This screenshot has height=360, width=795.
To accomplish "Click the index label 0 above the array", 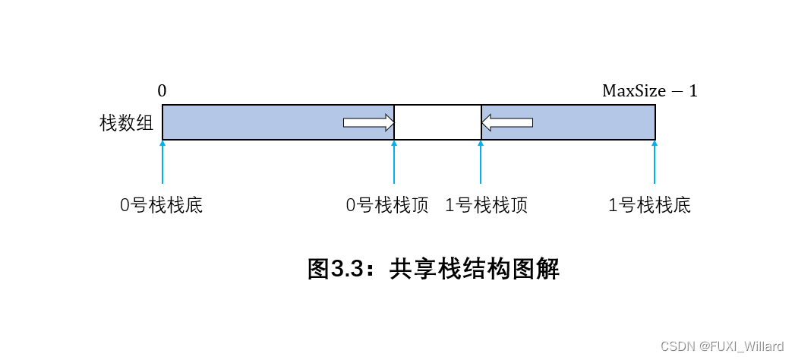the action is click(x=162, y=91).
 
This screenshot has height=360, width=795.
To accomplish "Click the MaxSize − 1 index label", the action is click(x=649, y=91).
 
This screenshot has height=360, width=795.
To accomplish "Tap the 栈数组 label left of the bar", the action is click(x=127, y=123).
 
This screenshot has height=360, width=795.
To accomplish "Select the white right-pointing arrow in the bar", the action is click(x=369, y=122).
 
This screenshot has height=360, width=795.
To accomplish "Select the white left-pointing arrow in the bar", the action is click(x=507, y=122).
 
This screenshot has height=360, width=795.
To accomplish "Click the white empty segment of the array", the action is click(x=437, y=122).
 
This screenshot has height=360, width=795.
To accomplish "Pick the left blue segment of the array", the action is click(x=251, y=122).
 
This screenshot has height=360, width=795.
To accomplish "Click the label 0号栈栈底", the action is click(x=162, y=206).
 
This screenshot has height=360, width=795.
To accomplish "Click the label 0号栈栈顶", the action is click(x=387, y=206).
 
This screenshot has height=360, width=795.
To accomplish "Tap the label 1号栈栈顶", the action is click(x=486, y=206).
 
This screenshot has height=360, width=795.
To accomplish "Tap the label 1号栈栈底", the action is click(x=650, y=206).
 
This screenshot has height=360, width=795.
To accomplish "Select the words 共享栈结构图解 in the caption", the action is click(x=475, y=269).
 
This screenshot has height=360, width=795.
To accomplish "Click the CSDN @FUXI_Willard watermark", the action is click(x=722, y=346).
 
